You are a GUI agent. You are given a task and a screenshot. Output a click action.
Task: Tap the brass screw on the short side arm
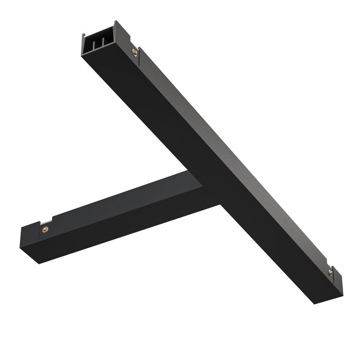pyautogui.click(x=45, y=229)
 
